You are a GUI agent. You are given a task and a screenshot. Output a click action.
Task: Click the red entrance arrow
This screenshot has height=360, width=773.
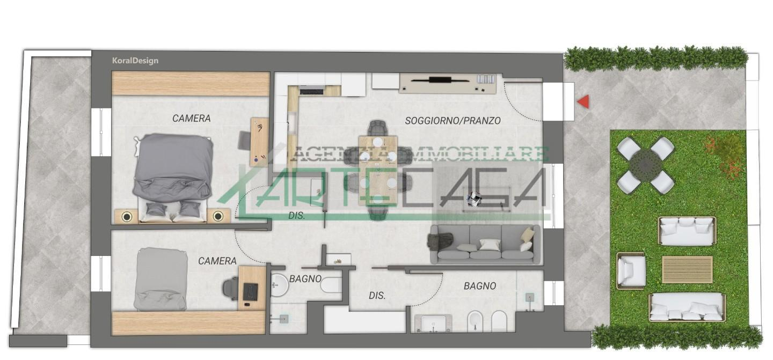point(584,102)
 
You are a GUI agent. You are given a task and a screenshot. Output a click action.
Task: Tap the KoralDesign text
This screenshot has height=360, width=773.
point(135,61)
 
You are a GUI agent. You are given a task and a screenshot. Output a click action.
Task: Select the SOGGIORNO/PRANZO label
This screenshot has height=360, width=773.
point(453,121)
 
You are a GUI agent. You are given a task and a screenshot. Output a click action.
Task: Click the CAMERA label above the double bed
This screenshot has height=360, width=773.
point(192,118)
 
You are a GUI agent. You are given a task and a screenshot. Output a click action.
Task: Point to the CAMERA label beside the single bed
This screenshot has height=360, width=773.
point(217,261)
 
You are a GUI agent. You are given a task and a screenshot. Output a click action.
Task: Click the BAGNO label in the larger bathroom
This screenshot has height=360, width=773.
point(480,286)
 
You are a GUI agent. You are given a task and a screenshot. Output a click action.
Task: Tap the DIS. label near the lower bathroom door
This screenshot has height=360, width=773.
point(377,296)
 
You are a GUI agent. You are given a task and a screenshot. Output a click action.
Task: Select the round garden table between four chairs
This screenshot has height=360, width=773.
point(645,166)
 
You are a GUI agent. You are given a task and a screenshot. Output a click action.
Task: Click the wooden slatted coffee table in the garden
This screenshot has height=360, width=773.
point(688,270)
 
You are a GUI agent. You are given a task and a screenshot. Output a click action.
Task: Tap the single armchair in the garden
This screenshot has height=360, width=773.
point(631,271)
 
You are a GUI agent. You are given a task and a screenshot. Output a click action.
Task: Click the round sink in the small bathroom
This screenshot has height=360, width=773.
point(279,285)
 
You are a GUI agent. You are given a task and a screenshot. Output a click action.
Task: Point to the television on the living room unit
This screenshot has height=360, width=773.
point(440,80)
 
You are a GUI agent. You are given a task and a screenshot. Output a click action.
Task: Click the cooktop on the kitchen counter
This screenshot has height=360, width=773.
point(311,91)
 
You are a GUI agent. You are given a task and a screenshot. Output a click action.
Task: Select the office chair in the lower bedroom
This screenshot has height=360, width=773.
point(230,289)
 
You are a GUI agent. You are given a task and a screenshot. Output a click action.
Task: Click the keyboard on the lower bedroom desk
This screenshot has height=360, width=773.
point(251,292)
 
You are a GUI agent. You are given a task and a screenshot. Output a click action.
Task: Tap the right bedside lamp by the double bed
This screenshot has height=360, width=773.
point(218,216)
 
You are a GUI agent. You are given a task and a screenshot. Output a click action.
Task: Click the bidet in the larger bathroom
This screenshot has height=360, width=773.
point(476,322)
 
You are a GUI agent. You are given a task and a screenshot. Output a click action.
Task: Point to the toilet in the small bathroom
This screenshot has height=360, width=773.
point(331,285)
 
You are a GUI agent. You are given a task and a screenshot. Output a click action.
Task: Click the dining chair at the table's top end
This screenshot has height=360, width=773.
point(378,128)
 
